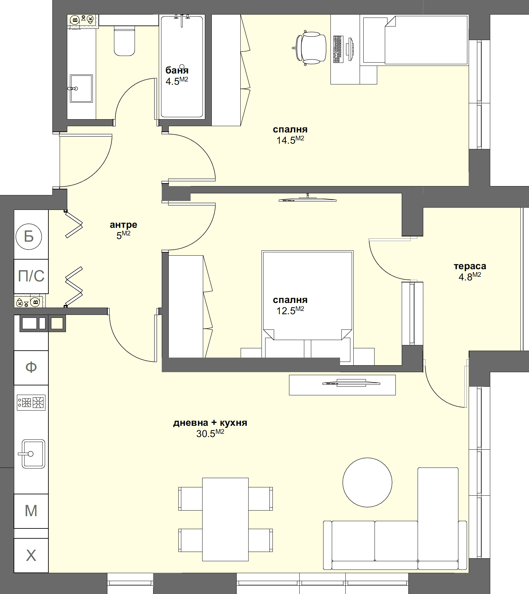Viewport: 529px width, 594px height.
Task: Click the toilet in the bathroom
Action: [125, 41]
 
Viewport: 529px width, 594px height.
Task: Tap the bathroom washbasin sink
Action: [81, 88]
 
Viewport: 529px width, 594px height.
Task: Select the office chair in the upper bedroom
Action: [310, 48]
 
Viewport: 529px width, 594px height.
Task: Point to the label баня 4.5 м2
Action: [177, 75]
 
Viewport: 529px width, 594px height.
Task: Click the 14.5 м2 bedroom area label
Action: [290, 135]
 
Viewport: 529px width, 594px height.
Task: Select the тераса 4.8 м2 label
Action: [470, 271]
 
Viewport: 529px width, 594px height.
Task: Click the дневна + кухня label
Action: [210, 428]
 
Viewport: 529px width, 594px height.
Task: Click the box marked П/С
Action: [31, 276]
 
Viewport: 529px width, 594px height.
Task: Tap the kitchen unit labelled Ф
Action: [31, 367]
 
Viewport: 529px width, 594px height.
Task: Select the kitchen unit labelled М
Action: [31, 511]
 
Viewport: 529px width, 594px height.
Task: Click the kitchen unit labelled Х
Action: [31, 555]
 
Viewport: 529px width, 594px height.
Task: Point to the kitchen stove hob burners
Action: [31, 403]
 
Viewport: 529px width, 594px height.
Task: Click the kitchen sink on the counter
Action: [33, 454]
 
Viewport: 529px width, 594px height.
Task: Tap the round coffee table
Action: [367, 482]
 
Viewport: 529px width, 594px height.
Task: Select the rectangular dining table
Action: [225, 519]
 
